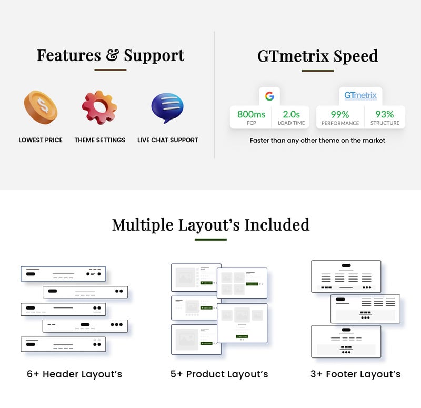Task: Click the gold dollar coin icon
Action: (x=41, y=107)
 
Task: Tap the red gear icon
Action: (x=99, y=107)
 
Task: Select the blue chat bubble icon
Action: (x=167, y=108)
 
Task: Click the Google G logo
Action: (x=269, y=96)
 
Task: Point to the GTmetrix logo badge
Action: (x=360, y=96)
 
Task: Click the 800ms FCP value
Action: (x=250, y=114)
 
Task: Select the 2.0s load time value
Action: (x=291, y=114)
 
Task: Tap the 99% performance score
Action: (x=340, y=114)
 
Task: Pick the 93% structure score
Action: (x=384, y=114)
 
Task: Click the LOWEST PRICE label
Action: (x=41, y=140)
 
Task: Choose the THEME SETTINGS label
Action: (x=100, y=140)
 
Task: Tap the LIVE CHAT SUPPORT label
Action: (x=168, y=140)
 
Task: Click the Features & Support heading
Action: (x=111, y=55)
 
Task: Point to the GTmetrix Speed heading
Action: (x=317, y=56)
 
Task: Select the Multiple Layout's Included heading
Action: (x=210, y=225)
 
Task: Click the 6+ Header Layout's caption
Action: (x=74, y=374)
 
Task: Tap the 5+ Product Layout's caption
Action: (x=219, y=374)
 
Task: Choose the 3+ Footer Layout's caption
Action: (x=355, y=374)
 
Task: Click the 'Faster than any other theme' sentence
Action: (x=317, y=141)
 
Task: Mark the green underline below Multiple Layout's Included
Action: (x=210, y=240)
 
